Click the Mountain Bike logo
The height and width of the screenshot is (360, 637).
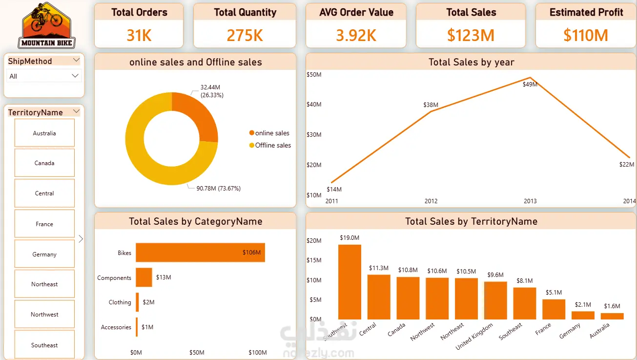point(47,25)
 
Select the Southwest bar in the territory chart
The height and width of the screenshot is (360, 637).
point(349,282)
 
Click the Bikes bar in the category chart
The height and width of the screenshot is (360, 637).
point(200,253)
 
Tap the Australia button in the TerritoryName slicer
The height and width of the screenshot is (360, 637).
point(44,133)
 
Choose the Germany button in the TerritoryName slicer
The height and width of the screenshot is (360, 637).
point(44,254)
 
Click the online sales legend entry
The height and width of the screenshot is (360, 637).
point(272,133)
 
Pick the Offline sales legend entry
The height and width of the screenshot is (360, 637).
point(273,145)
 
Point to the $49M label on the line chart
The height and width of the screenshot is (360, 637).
point(530,85)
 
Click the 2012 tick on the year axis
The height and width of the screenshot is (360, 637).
point(431,201)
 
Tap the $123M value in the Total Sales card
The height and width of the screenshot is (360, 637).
point(471,35)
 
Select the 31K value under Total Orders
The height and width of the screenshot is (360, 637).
point(139,35)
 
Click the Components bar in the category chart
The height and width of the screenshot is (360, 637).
point(144,277)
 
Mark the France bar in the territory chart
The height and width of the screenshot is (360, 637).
point(554,309)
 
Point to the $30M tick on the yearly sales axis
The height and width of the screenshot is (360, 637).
point(314,135)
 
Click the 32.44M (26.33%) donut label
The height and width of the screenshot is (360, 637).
point(212,91)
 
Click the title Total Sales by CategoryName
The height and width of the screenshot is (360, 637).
point(195,221)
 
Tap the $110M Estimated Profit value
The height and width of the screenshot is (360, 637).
point(586,35)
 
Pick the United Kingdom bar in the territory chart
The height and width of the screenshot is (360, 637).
point(495,300)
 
